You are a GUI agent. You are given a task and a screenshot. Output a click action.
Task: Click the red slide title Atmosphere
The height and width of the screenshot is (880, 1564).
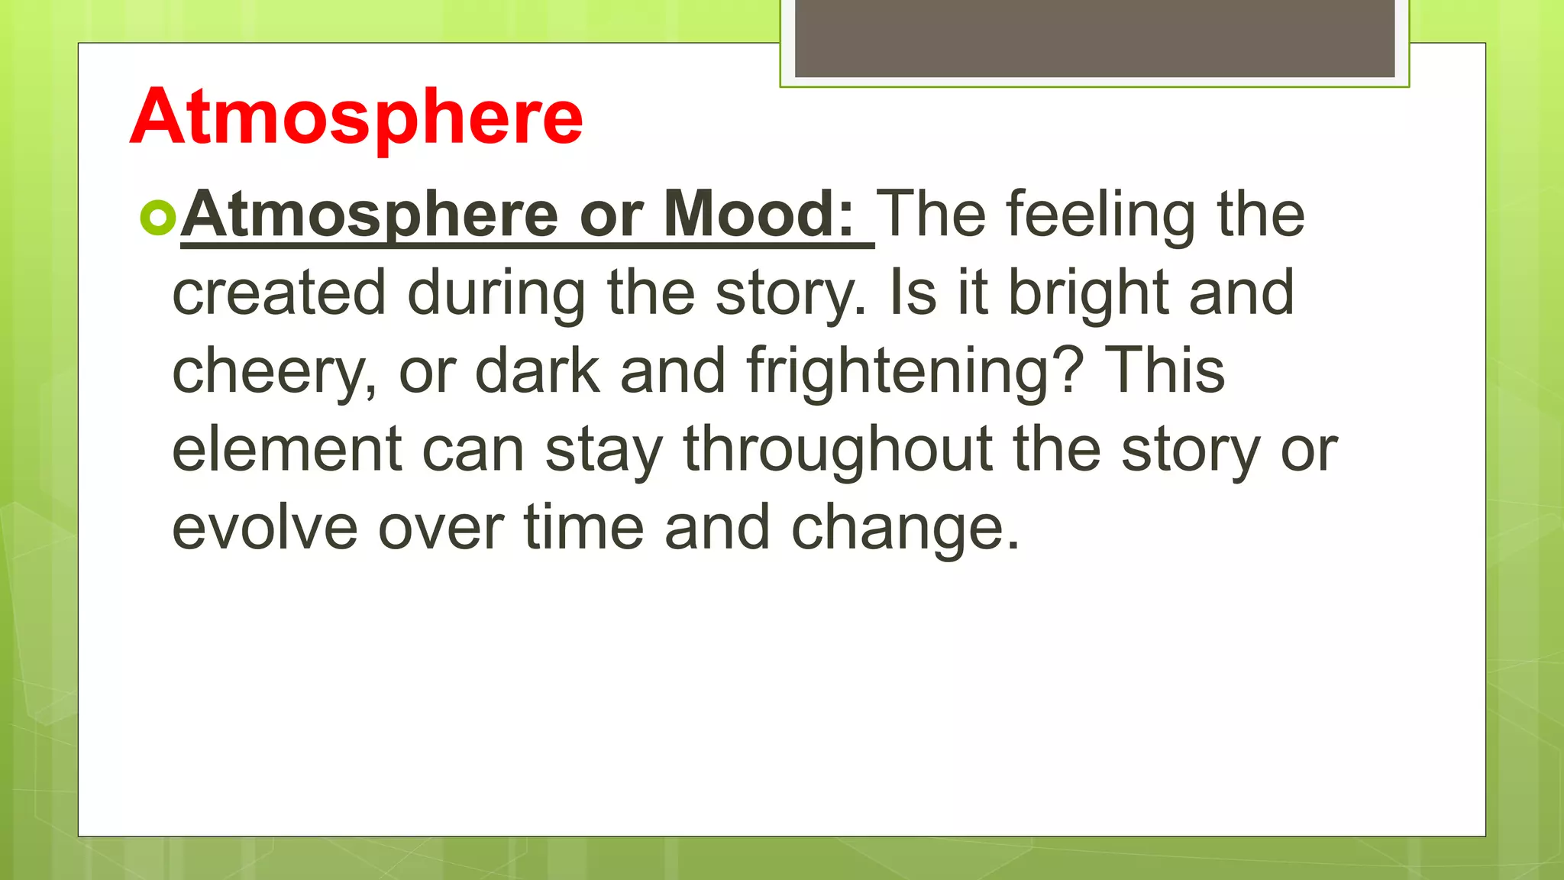(x=357, y=117)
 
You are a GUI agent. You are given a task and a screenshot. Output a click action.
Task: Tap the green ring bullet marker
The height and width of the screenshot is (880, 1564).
(x=158, y=218)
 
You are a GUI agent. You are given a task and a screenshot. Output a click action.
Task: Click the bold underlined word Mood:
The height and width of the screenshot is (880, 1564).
(x=759, y=215)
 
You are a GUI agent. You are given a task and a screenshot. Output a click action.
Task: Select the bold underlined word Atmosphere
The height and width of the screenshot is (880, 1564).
(x=370, y=216)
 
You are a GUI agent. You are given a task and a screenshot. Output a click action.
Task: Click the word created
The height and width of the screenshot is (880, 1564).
(x=280, y=293)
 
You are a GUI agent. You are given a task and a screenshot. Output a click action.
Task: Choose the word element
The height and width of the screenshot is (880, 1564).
(x=286, y=450)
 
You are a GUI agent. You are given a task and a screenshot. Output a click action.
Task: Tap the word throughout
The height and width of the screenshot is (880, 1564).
(x=838, y=451)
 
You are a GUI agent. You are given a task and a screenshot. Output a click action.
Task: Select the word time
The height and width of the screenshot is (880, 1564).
(x=583, y=528)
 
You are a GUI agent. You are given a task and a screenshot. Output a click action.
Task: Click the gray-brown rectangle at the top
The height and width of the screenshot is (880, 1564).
(x=1094, y=38)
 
